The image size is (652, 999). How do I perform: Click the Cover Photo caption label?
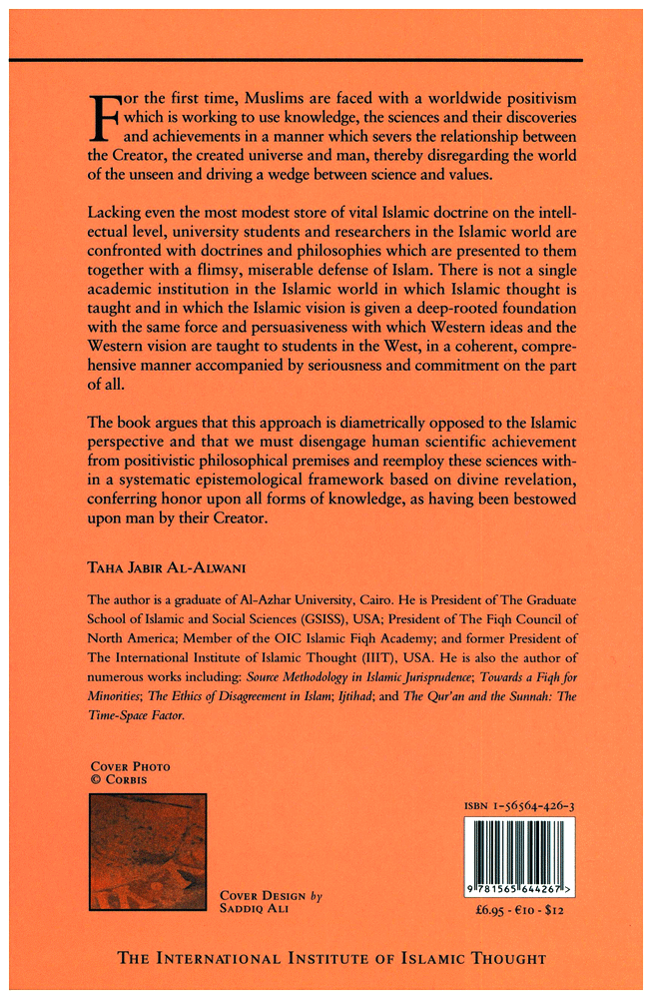(130, 766)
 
